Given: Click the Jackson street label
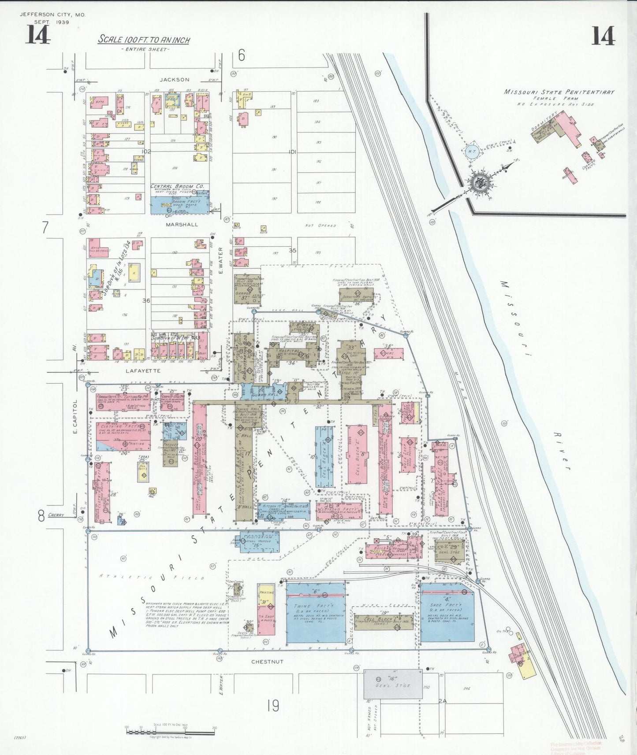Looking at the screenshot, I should (175, 80).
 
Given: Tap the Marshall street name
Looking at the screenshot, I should (182, 224).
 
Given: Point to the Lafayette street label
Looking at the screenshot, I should (143, 371).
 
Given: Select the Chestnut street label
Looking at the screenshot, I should (267, 662).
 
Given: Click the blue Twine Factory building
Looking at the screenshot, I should (316, 613).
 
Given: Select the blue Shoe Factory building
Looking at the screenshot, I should (447, 612).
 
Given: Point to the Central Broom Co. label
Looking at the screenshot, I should (177, 186).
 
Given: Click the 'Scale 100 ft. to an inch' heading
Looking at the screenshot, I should (144, 40).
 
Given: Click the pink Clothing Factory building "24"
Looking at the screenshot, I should (123, 436).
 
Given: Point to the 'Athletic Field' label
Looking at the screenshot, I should (152, 577).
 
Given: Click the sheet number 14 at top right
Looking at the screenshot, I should (603, 36).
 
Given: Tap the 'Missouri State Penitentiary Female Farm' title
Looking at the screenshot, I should (559, 93).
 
